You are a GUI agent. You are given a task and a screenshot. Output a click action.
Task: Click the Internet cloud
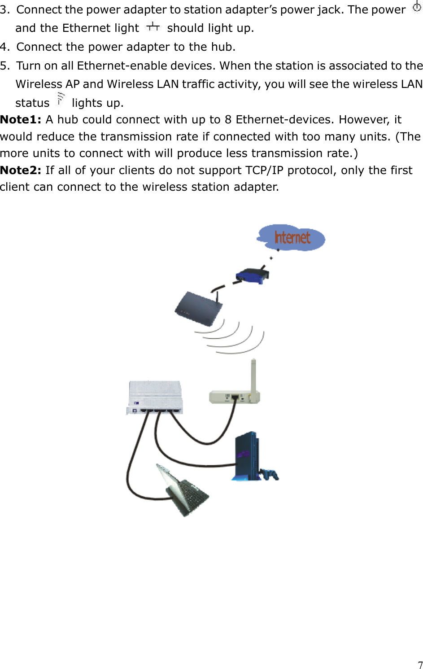tap(292, 237)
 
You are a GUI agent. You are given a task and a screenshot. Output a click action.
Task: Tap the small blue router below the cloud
tap(252, 275)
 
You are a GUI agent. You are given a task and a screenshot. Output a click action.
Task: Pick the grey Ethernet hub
tap(155, 397)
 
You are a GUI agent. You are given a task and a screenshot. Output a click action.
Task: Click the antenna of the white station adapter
tap(253, 374)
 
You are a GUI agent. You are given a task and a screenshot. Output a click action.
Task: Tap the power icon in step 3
tap(417, 7)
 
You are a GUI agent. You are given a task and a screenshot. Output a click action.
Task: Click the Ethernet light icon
tap(153, 27)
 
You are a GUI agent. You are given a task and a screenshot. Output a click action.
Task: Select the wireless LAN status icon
tap(61, 99)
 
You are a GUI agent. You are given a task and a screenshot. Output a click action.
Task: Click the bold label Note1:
tap(21, 120)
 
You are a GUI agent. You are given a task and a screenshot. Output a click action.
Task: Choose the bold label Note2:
tap(21, 171)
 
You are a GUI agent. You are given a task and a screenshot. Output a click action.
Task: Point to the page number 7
tap(420, 665)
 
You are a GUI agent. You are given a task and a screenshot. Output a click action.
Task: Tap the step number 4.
tap(4, 47)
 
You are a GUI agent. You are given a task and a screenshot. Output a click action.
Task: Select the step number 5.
tap(4, 66)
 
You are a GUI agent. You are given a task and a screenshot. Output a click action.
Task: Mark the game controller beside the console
tap(270, 474)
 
